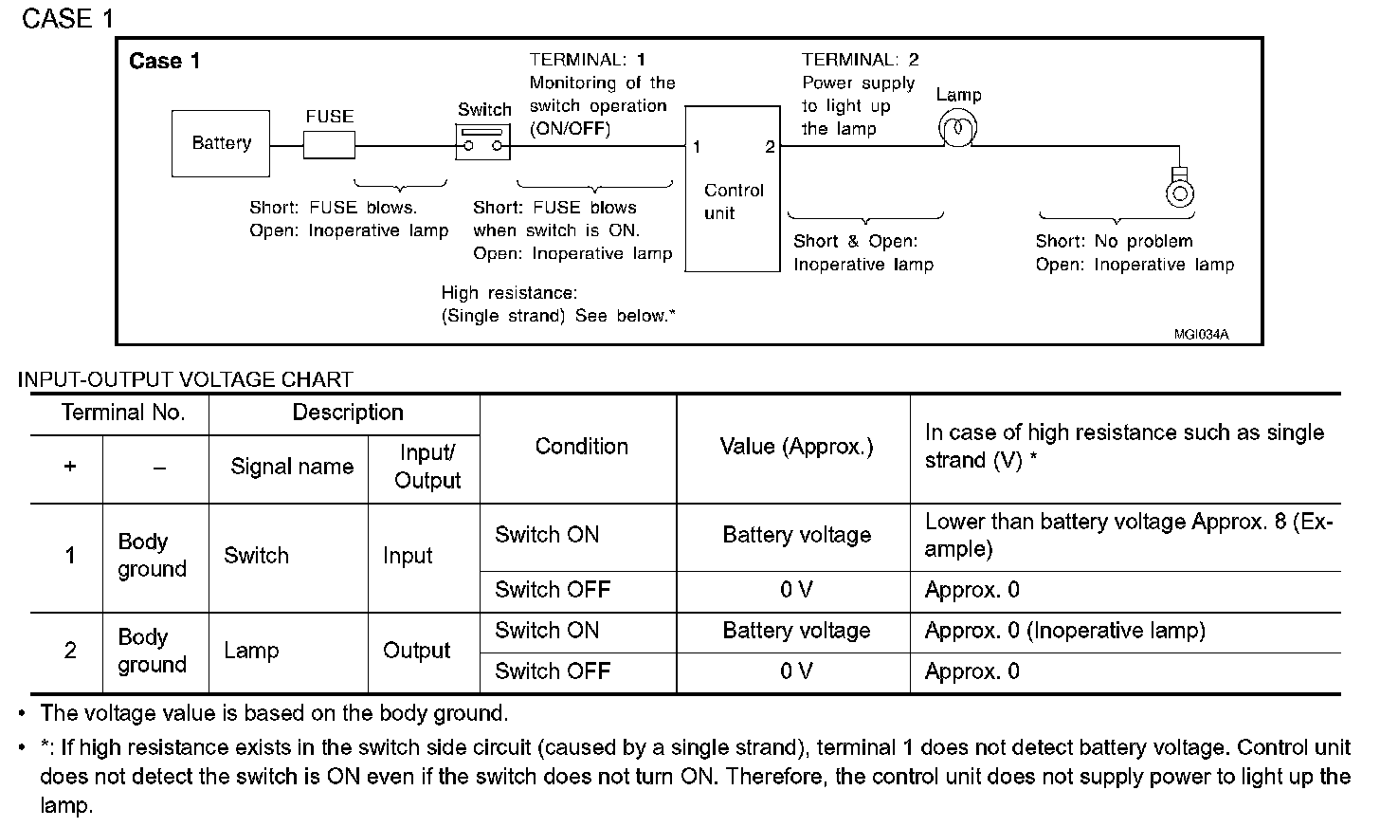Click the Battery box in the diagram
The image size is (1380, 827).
[x=220, y=143]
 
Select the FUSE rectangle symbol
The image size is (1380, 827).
[x=329, y=145]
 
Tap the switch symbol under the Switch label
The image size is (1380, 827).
[x=483, y=145]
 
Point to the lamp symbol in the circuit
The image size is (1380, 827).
[x=956, y=128]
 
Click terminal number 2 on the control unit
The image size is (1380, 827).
[x=770, y=147]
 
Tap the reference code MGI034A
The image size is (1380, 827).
[x=1200, y=334]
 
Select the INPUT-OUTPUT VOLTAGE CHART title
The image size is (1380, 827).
[x=185, y=379]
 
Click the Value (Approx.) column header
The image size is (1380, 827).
[x=796, y=447]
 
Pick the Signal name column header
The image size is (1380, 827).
[x=291, y=467]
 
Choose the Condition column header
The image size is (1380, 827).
[x=581, y=447]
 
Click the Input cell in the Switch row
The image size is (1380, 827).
[x=408, y=556]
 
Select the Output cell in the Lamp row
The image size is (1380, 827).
[x=416, y=651]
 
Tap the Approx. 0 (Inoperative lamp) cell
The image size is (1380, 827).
[x=1064, y=631]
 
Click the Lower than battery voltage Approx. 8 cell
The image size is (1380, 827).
[x=1127, y=535]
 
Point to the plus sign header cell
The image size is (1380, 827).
[x=69, y=467]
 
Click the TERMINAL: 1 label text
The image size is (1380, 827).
[x=588, y=60]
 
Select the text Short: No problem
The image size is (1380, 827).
[x=1114, y=242]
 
